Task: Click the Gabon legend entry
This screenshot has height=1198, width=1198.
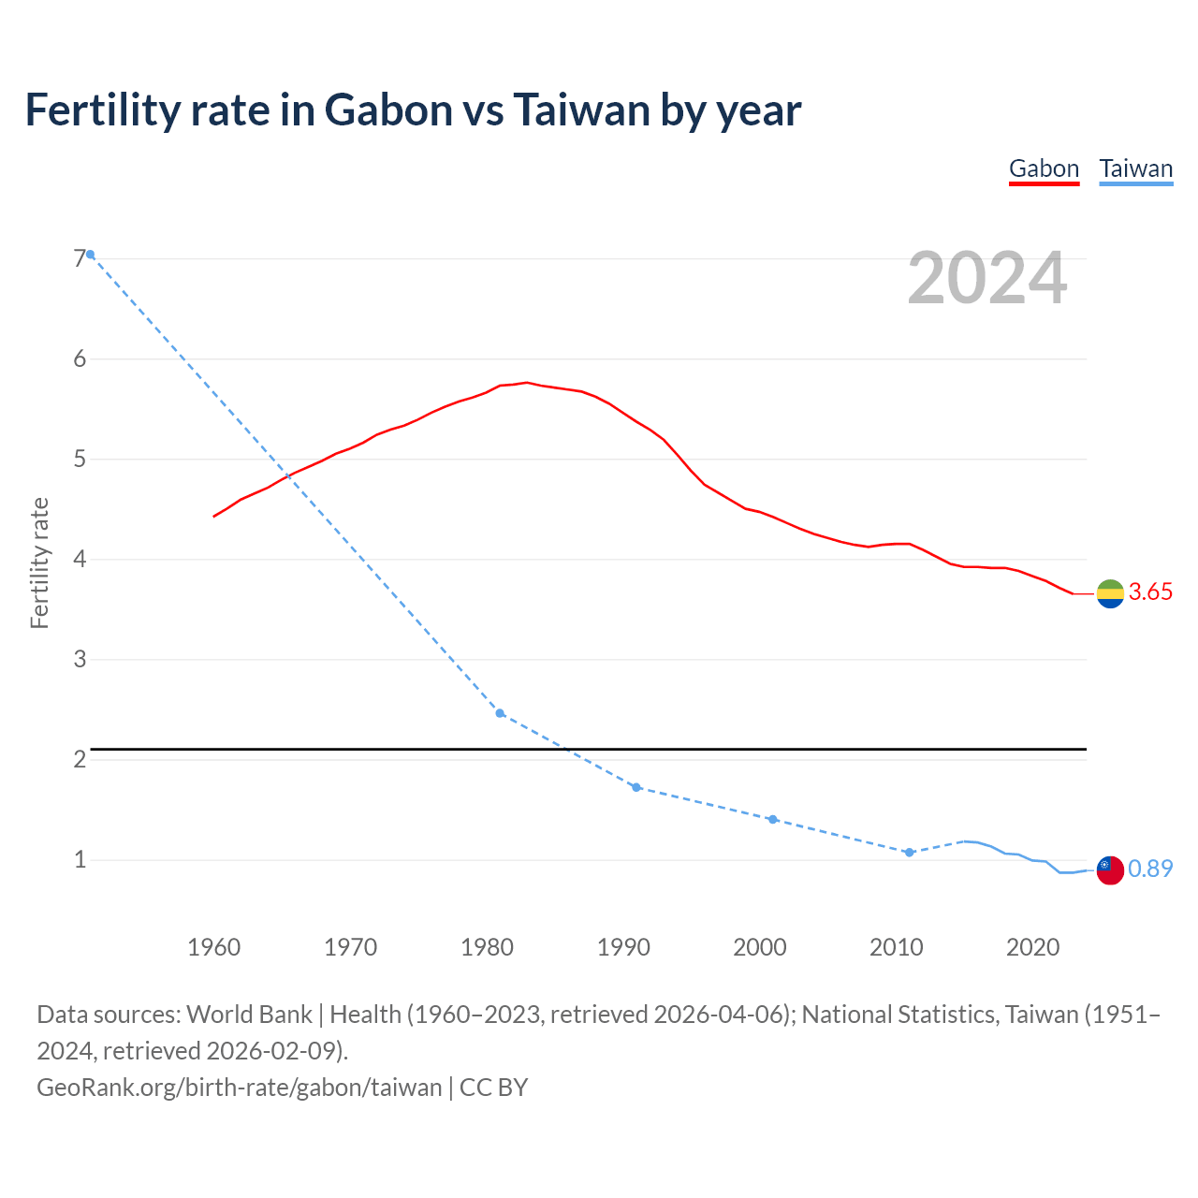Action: pos(1044,168)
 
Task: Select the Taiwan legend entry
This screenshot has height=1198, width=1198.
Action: pos(1135,168)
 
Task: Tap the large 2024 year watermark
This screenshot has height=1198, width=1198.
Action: pos(986,278)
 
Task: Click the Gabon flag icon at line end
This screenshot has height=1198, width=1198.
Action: pos(1110,593)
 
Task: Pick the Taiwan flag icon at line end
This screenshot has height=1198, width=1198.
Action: pos(1110,869)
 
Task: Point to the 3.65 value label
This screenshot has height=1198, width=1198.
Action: pos(1150,592)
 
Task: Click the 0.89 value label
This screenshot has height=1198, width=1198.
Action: pos(1150,869)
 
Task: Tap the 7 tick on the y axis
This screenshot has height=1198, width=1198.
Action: pos(80,258)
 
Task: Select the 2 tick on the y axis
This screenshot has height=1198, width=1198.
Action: pos(80,759)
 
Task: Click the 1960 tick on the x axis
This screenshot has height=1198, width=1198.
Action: pos(214,947)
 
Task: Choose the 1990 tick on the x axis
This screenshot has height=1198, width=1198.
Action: pos(623,947)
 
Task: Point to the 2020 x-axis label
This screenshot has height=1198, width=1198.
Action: pos(1032,947)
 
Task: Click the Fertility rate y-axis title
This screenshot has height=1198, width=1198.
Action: pos(39,562)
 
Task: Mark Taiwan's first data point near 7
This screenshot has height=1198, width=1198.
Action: pos(90,255)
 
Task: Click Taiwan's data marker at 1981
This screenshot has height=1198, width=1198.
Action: pos(500,713)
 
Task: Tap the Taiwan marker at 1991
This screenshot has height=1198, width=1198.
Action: pos(636,787)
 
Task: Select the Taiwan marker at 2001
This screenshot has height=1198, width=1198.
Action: pos(773,819)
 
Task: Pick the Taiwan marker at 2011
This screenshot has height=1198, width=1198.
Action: pos(909,853)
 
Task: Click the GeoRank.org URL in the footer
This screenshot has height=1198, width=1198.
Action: pos(239,1087)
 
